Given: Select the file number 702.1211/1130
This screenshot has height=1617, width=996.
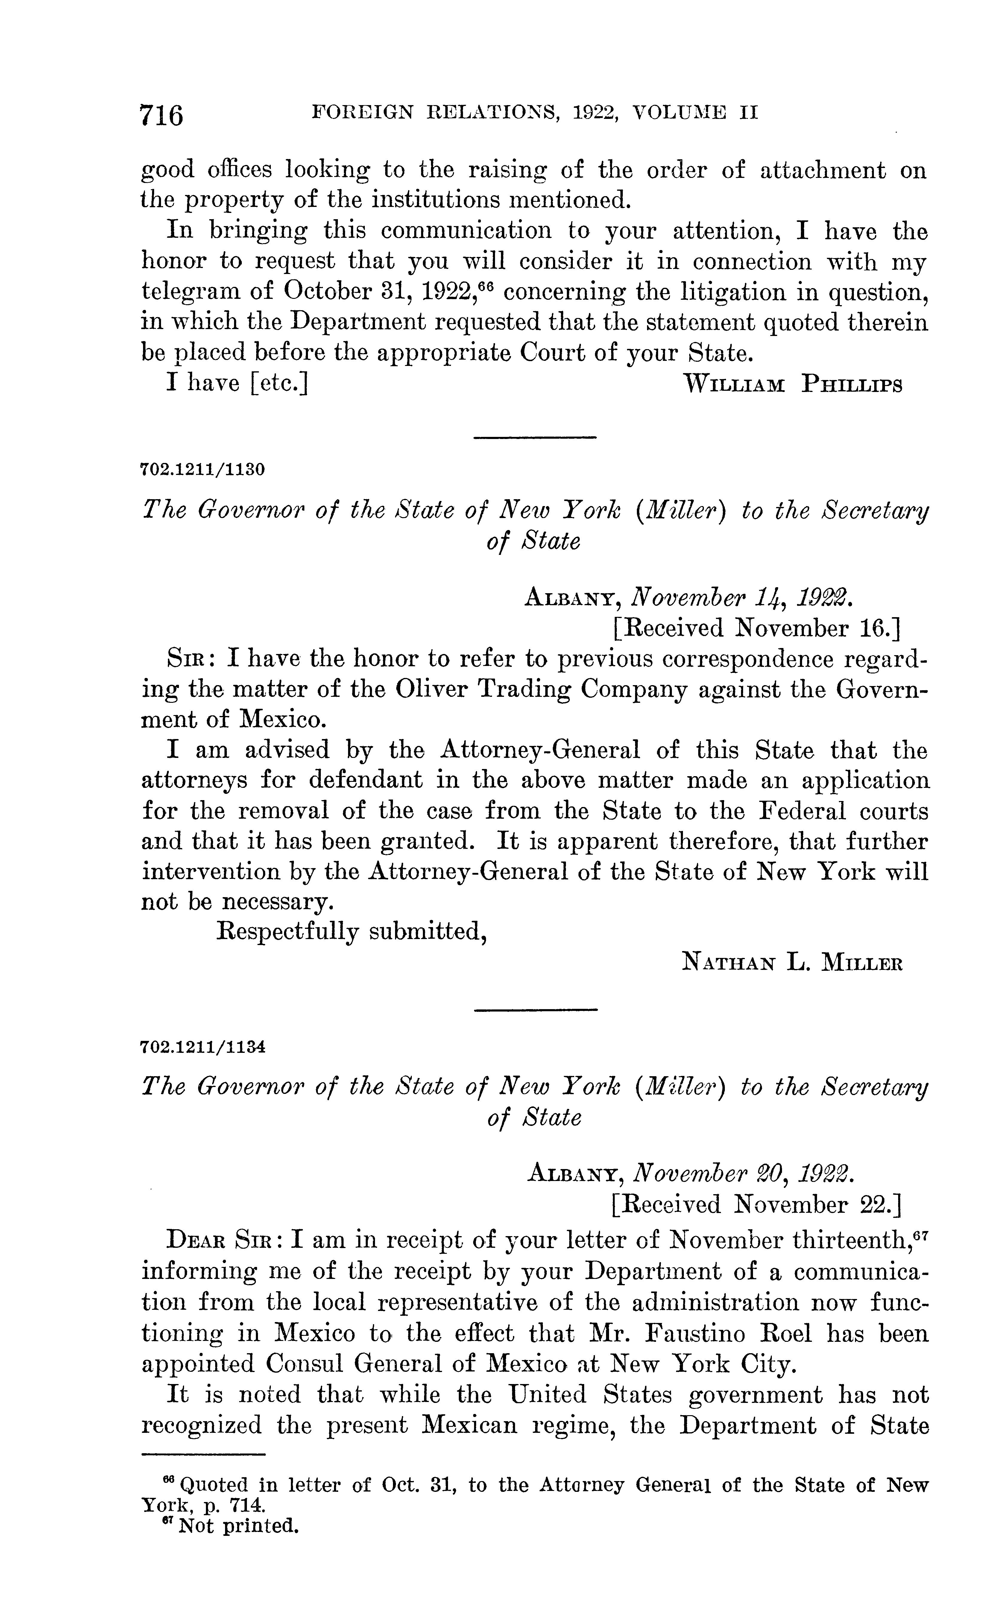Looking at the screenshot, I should pyautogui.click(x=203, y=470).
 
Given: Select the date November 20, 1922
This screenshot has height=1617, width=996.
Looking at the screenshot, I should pyautogui.click(x=743, y=1174).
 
